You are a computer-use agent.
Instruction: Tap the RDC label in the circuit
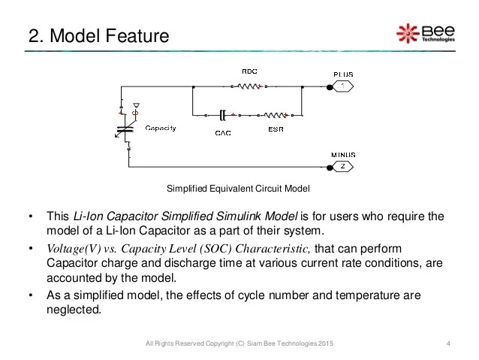click(x=249, y=71)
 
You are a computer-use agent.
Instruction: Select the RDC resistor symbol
click(x=249, y=86)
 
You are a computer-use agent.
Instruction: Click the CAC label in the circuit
click(x=222, y=132)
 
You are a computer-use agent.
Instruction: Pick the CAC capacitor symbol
click(x=223, y=116)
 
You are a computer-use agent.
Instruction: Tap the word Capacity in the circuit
click(x=161, y=128)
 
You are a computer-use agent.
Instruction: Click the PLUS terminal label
click(x=344, y=74)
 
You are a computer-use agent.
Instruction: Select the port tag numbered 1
click(x=344, y=86)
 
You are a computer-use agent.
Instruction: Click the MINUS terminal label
click(x=344, y=155)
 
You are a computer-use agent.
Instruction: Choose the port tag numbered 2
click(x=344, y=167)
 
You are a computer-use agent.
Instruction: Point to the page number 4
click(x=447, y=344)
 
